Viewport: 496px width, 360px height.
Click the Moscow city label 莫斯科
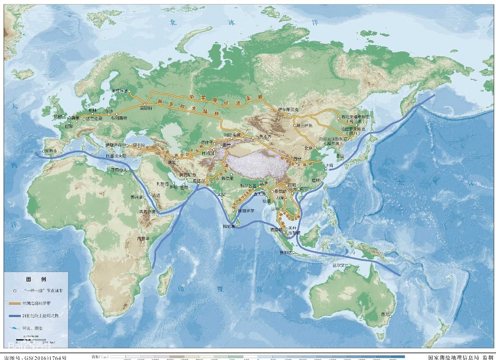click(145, 108)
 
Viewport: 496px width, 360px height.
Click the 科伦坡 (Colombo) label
click(229, 226)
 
